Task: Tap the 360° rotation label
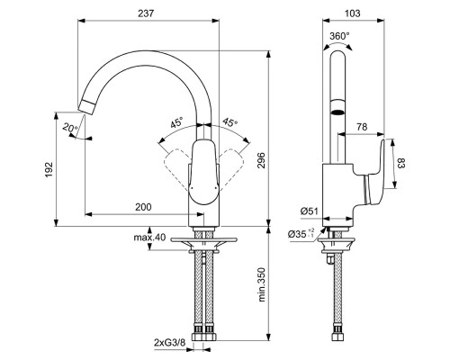[x=339, y=37]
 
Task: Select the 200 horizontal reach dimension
[x=142, y=207]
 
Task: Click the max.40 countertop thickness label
[x=147, y=237]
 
